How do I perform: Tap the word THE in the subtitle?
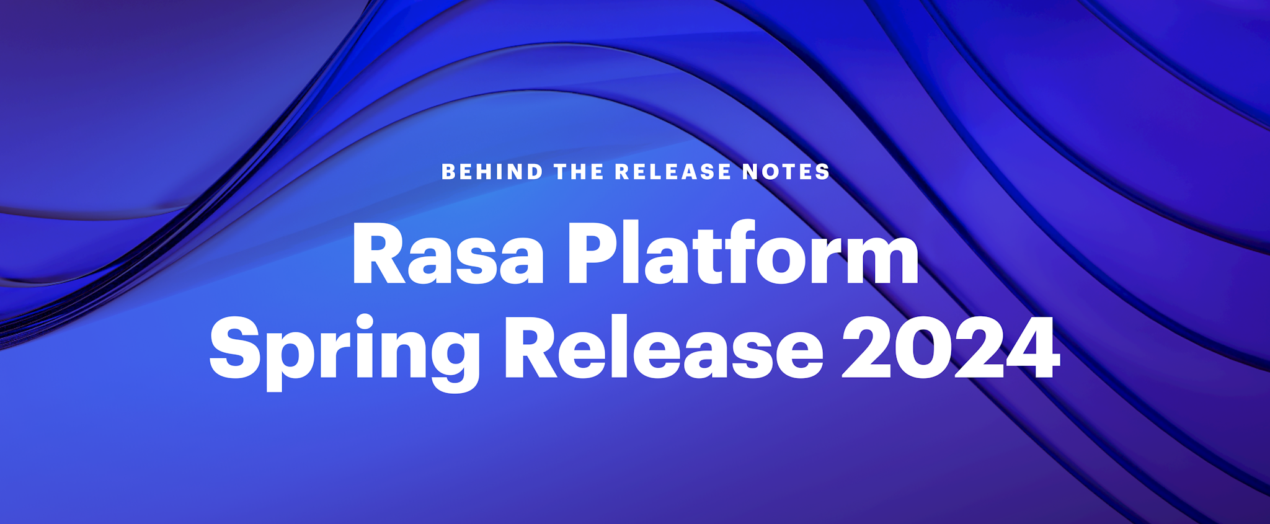point(579,172)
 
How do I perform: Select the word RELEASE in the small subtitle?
point(673,172)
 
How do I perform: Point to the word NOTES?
point(786,172)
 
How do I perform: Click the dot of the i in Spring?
point(363,322)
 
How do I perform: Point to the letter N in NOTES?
point(753,172)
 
